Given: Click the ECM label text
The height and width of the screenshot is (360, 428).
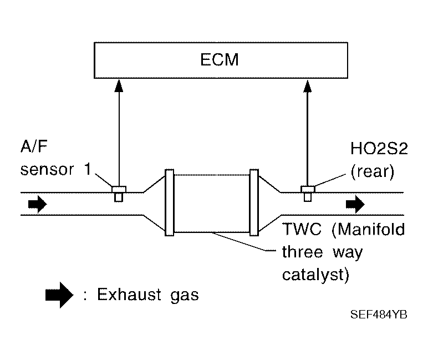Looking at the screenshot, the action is [220, 59].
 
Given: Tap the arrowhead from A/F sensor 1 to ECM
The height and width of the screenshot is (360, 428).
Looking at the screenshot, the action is [119, 85].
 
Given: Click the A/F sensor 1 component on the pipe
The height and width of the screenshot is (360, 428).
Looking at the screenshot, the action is [119, 194].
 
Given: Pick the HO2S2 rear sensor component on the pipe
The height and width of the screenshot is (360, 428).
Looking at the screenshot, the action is [308, 194].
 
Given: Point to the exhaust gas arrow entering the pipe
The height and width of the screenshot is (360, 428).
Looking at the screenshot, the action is [37, 204].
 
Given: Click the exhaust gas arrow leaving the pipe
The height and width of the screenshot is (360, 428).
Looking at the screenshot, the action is [355, 204].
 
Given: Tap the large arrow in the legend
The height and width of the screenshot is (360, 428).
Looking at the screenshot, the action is [59, 295].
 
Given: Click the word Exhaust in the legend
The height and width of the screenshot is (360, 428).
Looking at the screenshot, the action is [129, 295].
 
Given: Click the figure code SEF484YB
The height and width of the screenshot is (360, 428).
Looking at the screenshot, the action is [379, 315].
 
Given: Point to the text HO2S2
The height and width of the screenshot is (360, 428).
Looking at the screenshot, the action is [379, 149].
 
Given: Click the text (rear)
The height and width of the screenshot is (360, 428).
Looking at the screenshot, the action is [373, 172].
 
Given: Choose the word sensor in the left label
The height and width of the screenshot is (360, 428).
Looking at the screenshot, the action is [47, 170].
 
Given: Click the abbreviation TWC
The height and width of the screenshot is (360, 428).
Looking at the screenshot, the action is [302, 229].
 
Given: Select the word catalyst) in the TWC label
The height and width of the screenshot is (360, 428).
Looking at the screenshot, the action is [316, 275].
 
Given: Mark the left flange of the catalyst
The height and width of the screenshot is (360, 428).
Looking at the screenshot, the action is [170, 202].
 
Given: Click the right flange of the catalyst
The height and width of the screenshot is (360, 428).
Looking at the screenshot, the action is [254, 202].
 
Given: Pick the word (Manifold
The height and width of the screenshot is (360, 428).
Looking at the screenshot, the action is [368, 229].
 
